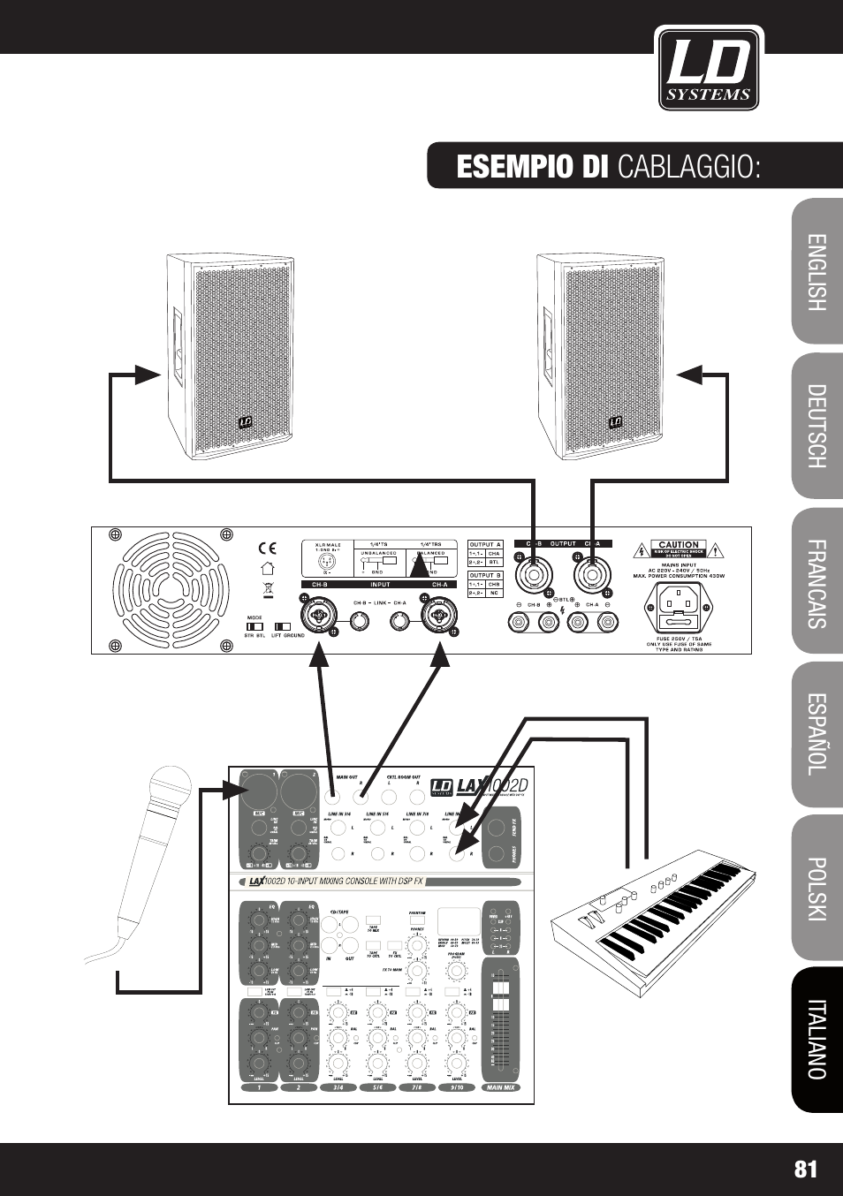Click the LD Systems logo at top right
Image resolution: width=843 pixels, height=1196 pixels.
click(709, 68)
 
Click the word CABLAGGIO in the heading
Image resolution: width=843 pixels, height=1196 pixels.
click(688, 166)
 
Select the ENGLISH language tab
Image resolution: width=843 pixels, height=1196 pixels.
click(816, 272)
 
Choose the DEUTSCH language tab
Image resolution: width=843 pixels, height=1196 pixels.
click(816, 426)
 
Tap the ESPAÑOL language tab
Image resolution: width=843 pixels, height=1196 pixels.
click(816, 734)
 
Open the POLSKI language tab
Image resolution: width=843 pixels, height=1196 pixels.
click(816, 888)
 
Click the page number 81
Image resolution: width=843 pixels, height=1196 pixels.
click(805, 1170)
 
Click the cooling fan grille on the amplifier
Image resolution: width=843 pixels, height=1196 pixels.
click(171, 589)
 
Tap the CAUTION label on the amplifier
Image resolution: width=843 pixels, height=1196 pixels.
click(678, 545)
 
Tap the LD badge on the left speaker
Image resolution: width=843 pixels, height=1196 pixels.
click(245, 422)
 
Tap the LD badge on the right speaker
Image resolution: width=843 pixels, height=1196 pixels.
click(616, 422)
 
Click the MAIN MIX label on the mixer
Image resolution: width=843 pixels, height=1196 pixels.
click(500, 1087)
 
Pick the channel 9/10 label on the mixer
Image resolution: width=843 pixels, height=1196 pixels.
click(456, 1087)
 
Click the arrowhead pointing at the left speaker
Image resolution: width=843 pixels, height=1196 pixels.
click(148, 375)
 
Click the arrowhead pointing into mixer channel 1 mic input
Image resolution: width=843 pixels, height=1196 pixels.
click(236, 790)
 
